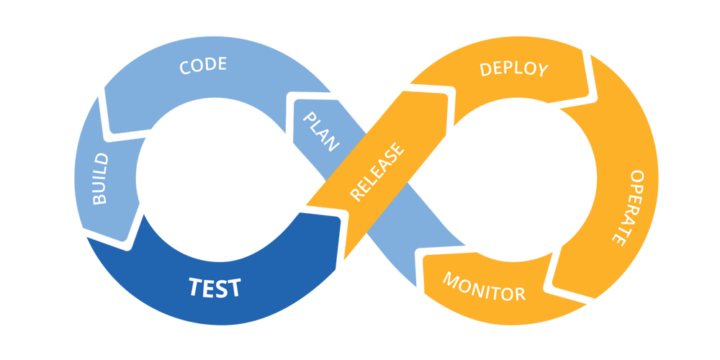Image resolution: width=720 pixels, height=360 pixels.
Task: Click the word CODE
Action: [x=203, y=66]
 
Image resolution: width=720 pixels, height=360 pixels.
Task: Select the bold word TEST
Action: [x=215, y=288]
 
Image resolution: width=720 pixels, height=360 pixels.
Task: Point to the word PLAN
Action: [x=321, y=131]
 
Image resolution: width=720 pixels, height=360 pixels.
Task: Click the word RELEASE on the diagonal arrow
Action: [x=377, y=172]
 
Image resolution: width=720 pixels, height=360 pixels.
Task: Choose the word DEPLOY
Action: [x=513, y=69]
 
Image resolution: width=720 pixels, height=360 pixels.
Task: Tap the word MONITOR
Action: [x=484, y=287]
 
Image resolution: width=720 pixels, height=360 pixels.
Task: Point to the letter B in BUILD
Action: [x=100, y=199]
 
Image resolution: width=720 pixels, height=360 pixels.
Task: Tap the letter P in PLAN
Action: [x=310, y=117]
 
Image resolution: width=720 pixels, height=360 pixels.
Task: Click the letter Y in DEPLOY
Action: [x=541, y=71]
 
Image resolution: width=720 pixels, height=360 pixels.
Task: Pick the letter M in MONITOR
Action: [x=451, y=280]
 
